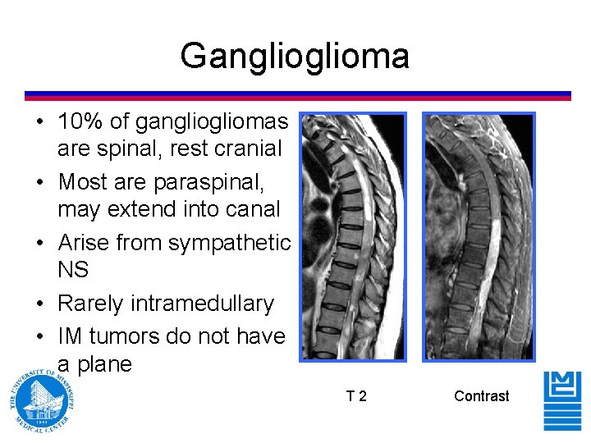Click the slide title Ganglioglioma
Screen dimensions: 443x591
(294, 57)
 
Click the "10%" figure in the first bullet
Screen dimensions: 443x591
(80, 122)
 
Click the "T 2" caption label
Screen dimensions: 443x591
(356, 396)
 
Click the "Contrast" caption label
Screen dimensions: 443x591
(481, 396)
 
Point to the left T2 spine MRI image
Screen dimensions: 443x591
(353, 236)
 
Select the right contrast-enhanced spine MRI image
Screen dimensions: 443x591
(479, 236)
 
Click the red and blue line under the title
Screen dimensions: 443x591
(297, 95)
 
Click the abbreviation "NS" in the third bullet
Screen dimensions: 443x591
(73, 270)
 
